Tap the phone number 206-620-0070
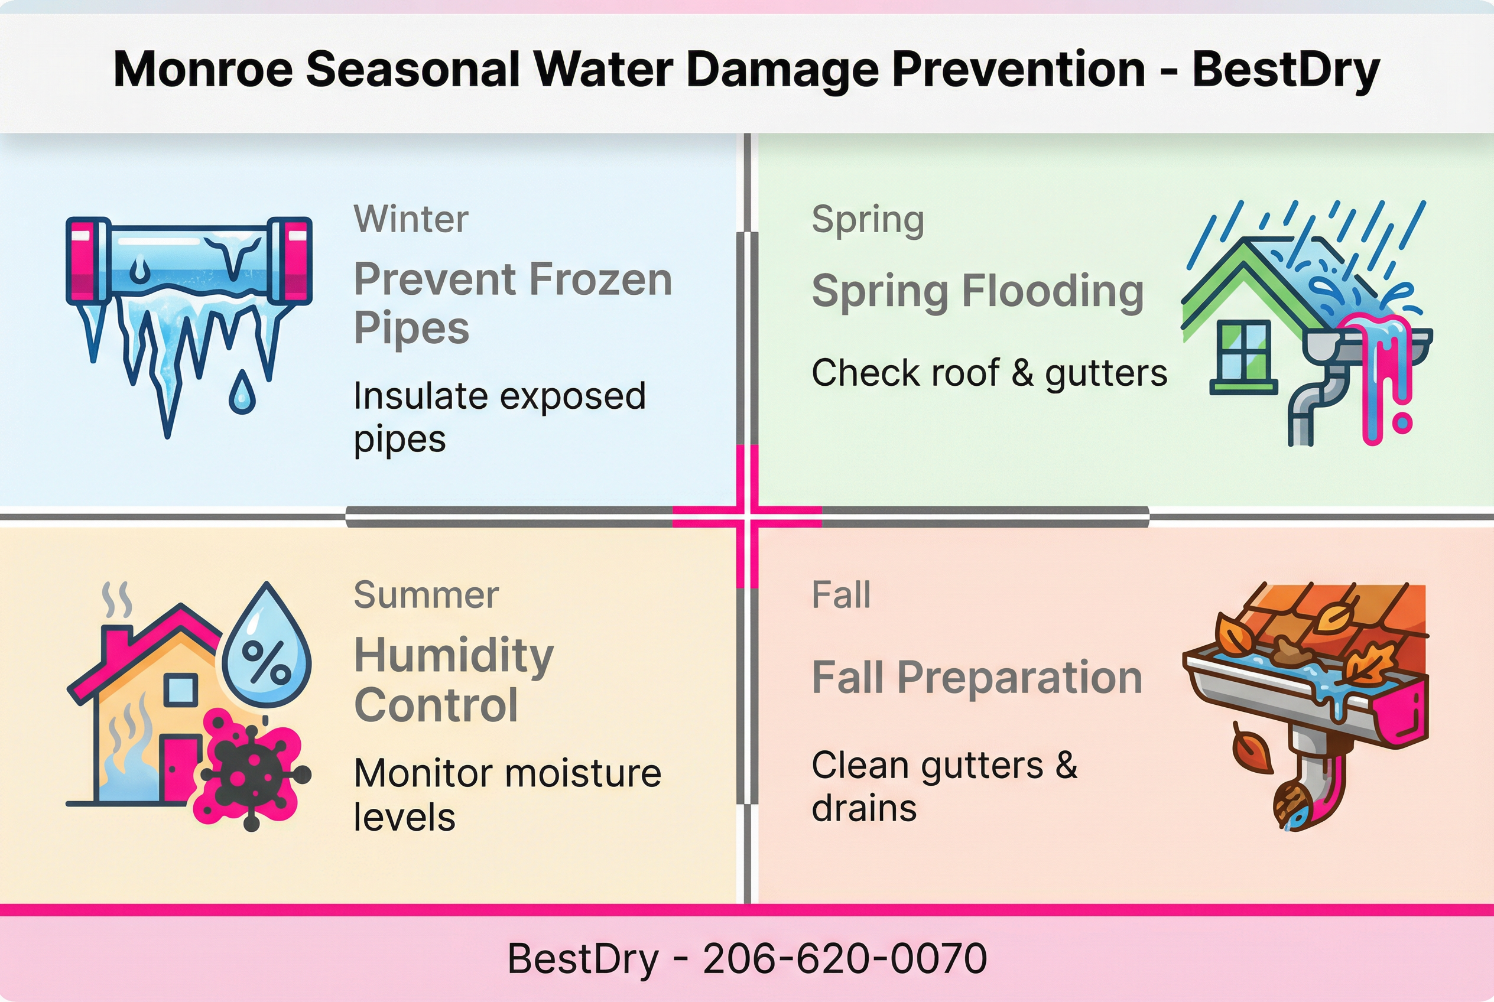[845, 958]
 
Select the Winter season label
[411, 219]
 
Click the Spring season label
[868, 220]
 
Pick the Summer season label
[426, 595]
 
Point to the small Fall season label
[840, 595]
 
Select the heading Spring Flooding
[977, 291]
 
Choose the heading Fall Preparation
[976, 678]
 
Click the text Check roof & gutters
[989, 373]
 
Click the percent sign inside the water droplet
[266, 661]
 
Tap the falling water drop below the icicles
[242, 392]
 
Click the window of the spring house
[1243, 352]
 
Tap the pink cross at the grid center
[746, 516]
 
